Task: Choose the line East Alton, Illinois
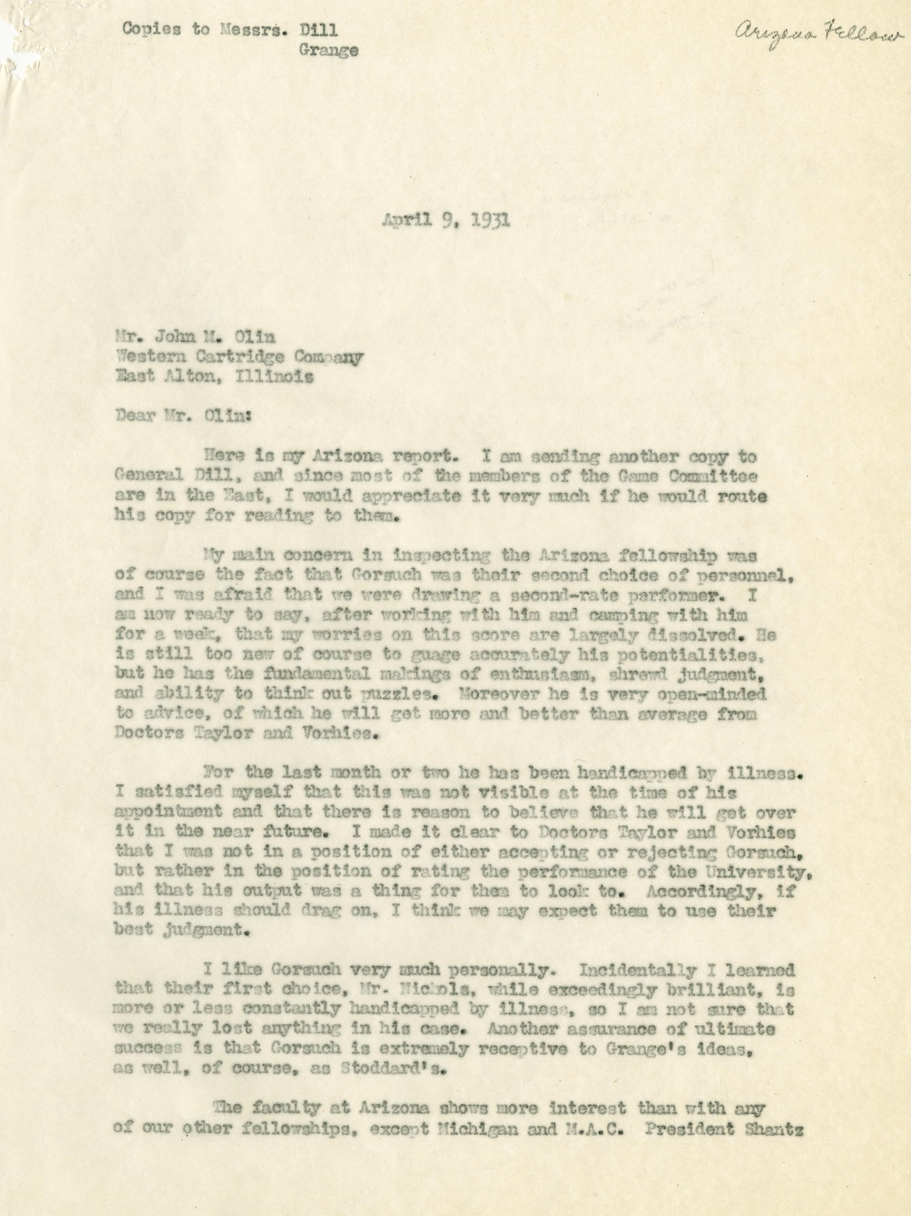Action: [x=214, y=378]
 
